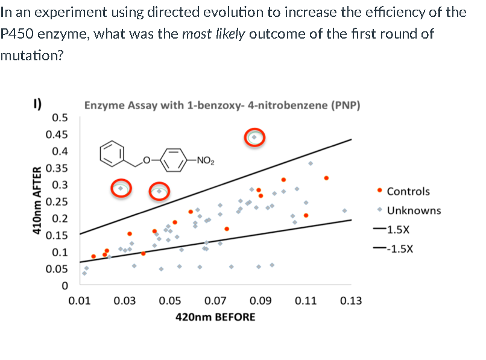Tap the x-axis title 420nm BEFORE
click(x=215, y=317)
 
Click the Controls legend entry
click(x=408, y=192)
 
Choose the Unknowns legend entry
click(x=414, y=210)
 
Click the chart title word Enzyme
click(x=104, y=106)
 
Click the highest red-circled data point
click(x=254, y=137)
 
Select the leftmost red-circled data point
click(x=121, y=188)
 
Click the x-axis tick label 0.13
click(x=350, y=300)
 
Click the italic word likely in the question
click(x=230, y=33)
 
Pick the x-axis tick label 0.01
click(x=79, y=300)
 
